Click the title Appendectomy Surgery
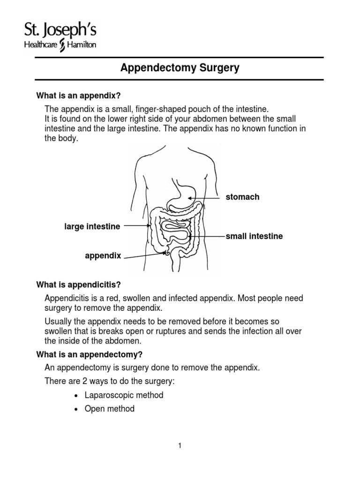point(180,68)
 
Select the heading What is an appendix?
point(79,96)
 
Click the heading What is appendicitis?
point(79,285)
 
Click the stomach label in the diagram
point(242,197)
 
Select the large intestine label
point(92,227)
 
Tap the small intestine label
point(254,236)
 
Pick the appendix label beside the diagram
point(103,256)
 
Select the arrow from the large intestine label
point(136,226)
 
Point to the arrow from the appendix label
point(143,255)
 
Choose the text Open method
point(109,409)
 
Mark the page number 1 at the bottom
point(180,446)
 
